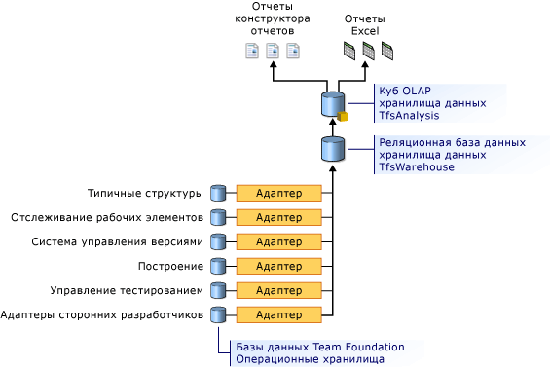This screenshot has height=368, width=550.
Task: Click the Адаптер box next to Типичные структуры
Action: tap(278, 193)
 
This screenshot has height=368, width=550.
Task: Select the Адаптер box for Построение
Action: tap(278, 266)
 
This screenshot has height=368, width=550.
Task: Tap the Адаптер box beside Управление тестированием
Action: tap(278, 290)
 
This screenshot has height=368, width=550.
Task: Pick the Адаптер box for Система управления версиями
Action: tap(278, 241)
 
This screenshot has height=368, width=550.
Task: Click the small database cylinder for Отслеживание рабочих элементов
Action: tap(218, 217)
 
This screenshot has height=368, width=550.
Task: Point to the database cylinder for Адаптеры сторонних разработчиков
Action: tap(218, 314)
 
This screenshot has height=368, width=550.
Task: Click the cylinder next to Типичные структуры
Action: tap(218, 193)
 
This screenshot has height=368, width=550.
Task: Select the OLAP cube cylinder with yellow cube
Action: tap(333, 104)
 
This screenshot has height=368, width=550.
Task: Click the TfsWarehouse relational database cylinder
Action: tap(333, 149)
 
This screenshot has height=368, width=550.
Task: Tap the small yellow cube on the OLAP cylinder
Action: tap(343, 117)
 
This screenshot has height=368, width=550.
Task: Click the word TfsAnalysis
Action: tap(409, 116)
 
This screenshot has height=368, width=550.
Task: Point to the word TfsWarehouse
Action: tap(417, 167)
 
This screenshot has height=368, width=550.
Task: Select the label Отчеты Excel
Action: tap(365, 24)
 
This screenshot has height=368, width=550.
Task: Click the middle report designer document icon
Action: tap(273, 51)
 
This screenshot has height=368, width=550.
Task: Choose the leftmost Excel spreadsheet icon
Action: tap(349, 51)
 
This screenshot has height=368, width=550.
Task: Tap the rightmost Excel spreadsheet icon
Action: tap(387, 51)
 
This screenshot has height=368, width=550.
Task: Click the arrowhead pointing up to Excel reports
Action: tap(365, 65)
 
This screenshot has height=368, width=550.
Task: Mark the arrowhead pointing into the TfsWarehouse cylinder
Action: tap(333, 168)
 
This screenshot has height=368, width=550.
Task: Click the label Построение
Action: tap(170, 267)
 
